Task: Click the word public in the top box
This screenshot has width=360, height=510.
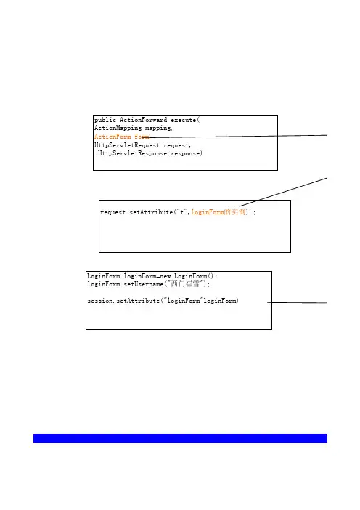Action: tap(105, 120)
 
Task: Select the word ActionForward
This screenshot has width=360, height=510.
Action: tap(143, 120)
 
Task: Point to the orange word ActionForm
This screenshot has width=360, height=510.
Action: tap(112, 137)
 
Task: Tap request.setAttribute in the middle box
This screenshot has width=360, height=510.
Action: tap(136, 212)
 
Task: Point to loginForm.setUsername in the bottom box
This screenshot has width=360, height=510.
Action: tap(125, 284)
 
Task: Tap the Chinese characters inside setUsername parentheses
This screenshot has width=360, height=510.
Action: tap(185, 284)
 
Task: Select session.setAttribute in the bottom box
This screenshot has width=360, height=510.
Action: tap(123, 301)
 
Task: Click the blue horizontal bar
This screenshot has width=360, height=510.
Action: tap(180, 438)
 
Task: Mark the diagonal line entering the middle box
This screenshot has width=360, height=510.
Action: tap(283, 193)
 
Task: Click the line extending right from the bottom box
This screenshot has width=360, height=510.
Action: tap(298, 302)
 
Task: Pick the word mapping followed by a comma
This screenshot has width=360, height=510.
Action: tap(158, 129)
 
